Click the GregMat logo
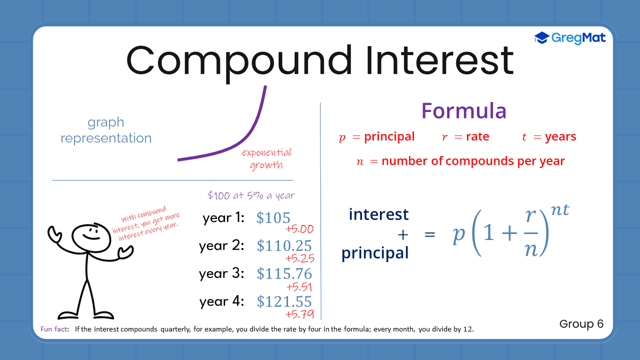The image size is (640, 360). pos(570,37)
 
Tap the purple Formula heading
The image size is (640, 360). pos(463,110)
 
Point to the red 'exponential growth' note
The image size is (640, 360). pos(266,158)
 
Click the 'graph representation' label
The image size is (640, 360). pos(106,130)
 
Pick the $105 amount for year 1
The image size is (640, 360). pos(273,218)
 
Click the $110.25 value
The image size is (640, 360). pos(284,245)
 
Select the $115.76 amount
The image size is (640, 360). pos(284,273)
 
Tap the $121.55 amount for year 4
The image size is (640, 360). pos(284,301)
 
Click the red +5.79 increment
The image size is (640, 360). pos(299,314)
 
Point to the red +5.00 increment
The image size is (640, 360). pos(299,229)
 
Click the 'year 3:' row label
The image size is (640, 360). pos(221,273)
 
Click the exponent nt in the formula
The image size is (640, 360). pos(559,209)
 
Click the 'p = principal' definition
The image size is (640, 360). pos(376,137)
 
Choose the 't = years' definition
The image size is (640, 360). pos(548,137)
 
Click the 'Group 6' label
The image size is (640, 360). pos(581,324)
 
